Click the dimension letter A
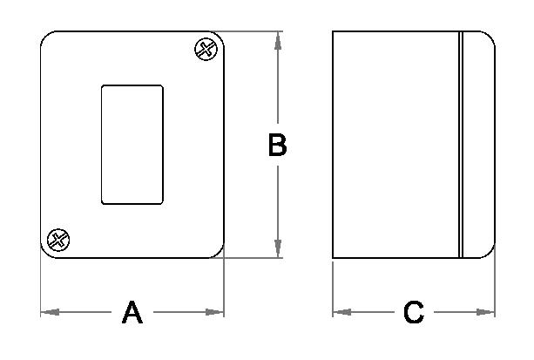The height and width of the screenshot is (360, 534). click(132, 312)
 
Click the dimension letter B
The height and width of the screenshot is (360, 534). click(277, 146)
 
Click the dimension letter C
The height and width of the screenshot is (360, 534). click(414, 312)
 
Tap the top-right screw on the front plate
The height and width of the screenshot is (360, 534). click(206, 49)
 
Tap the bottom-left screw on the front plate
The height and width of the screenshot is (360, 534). click(58, 240)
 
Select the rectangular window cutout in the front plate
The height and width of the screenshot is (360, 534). click(132, 144)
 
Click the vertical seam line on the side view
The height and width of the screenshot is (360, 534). click(460, 145)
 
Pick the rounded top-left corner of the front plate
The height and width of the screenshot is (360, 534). click(47, 38)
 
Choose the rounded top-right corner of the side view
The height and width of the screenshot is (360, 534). click(490, 38)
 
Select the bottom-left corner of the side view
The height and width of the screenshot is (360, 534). click(334, 258)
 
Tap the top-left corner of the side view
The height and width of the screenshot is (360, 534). click(334, 32)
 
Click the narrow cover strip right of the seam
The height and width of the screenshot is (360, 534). click(477, 145)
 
